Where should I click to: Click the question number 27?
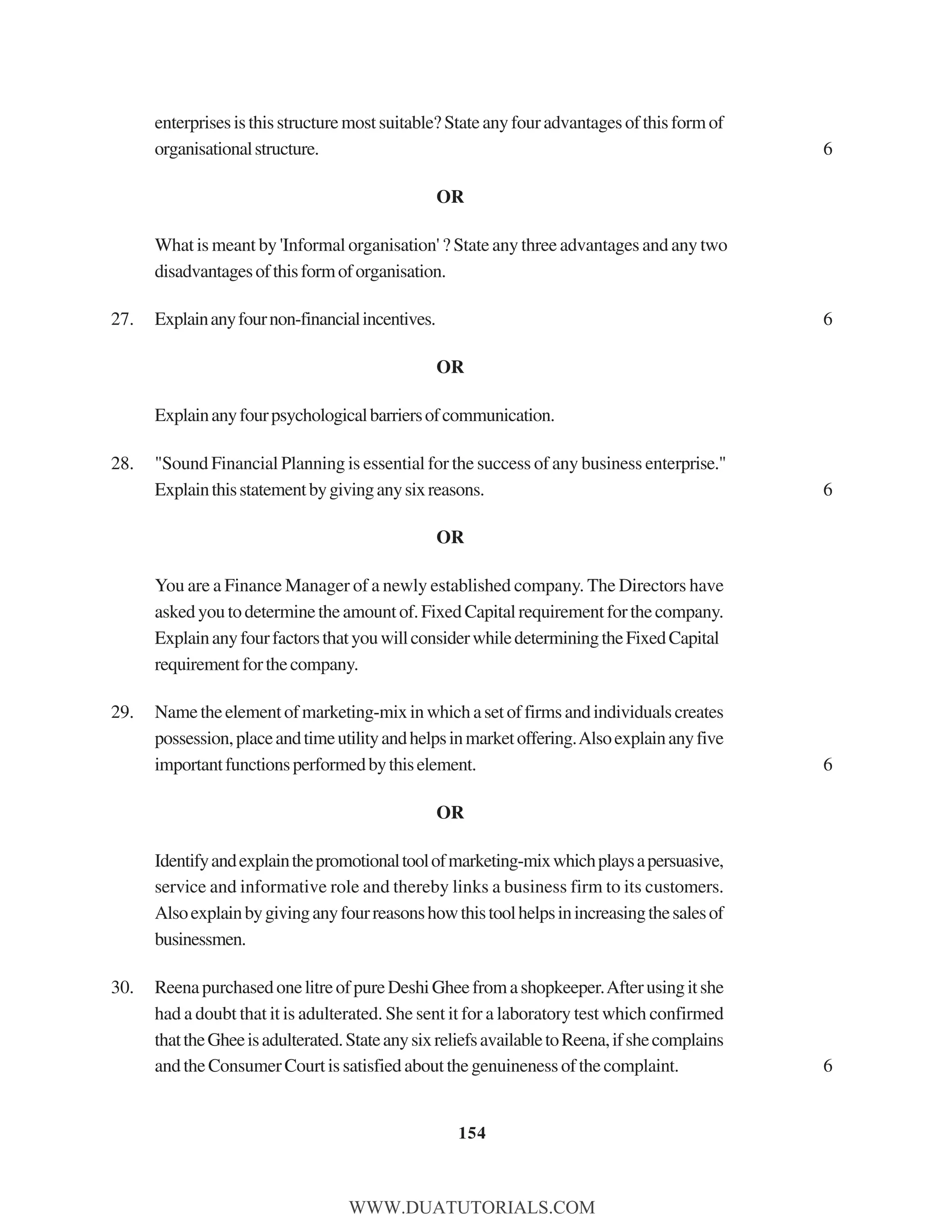[121, 319]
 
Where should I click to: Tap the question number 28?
[121, 464]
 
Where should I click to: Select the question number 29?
[121, 712]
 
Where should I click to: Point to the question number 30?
[121, 987]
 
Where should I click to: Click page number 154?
[472, 1133]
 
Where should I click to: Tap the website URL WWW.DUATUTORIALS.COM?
[472, 1207]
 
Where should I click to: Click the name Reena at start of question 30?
[176, 987]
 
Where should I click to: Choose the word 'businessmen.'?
[200, 939]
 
